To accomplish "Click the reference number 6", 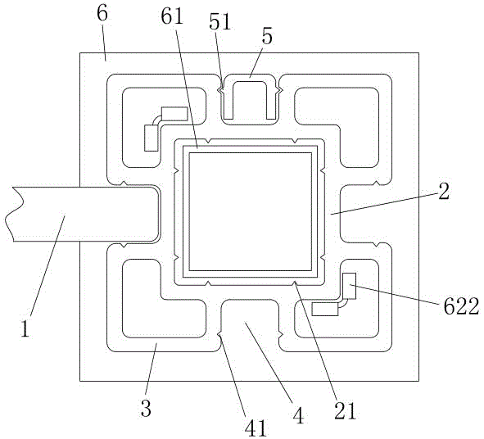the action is (102, 14).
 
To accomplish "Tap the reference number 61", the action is (172, 16).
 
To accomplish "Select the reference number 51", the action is (220, 22).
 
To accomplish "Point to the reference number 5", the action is (267, 37).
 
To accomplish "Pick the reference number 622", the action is (461, 306).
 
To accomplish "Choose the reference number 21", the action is (346, 411).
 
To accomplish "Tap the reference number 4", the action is (298, 415).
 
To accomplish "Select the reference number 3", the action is (146, 408).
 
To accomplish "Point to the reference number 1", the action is (25, 328).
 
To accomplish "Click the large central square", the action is (250, 211).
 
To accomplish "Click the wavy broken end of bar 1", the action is (14, 214).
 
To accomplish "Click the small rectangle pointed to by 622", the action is (350, 286).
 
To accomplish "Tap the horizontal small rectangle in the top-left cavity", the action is (174, 114).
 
